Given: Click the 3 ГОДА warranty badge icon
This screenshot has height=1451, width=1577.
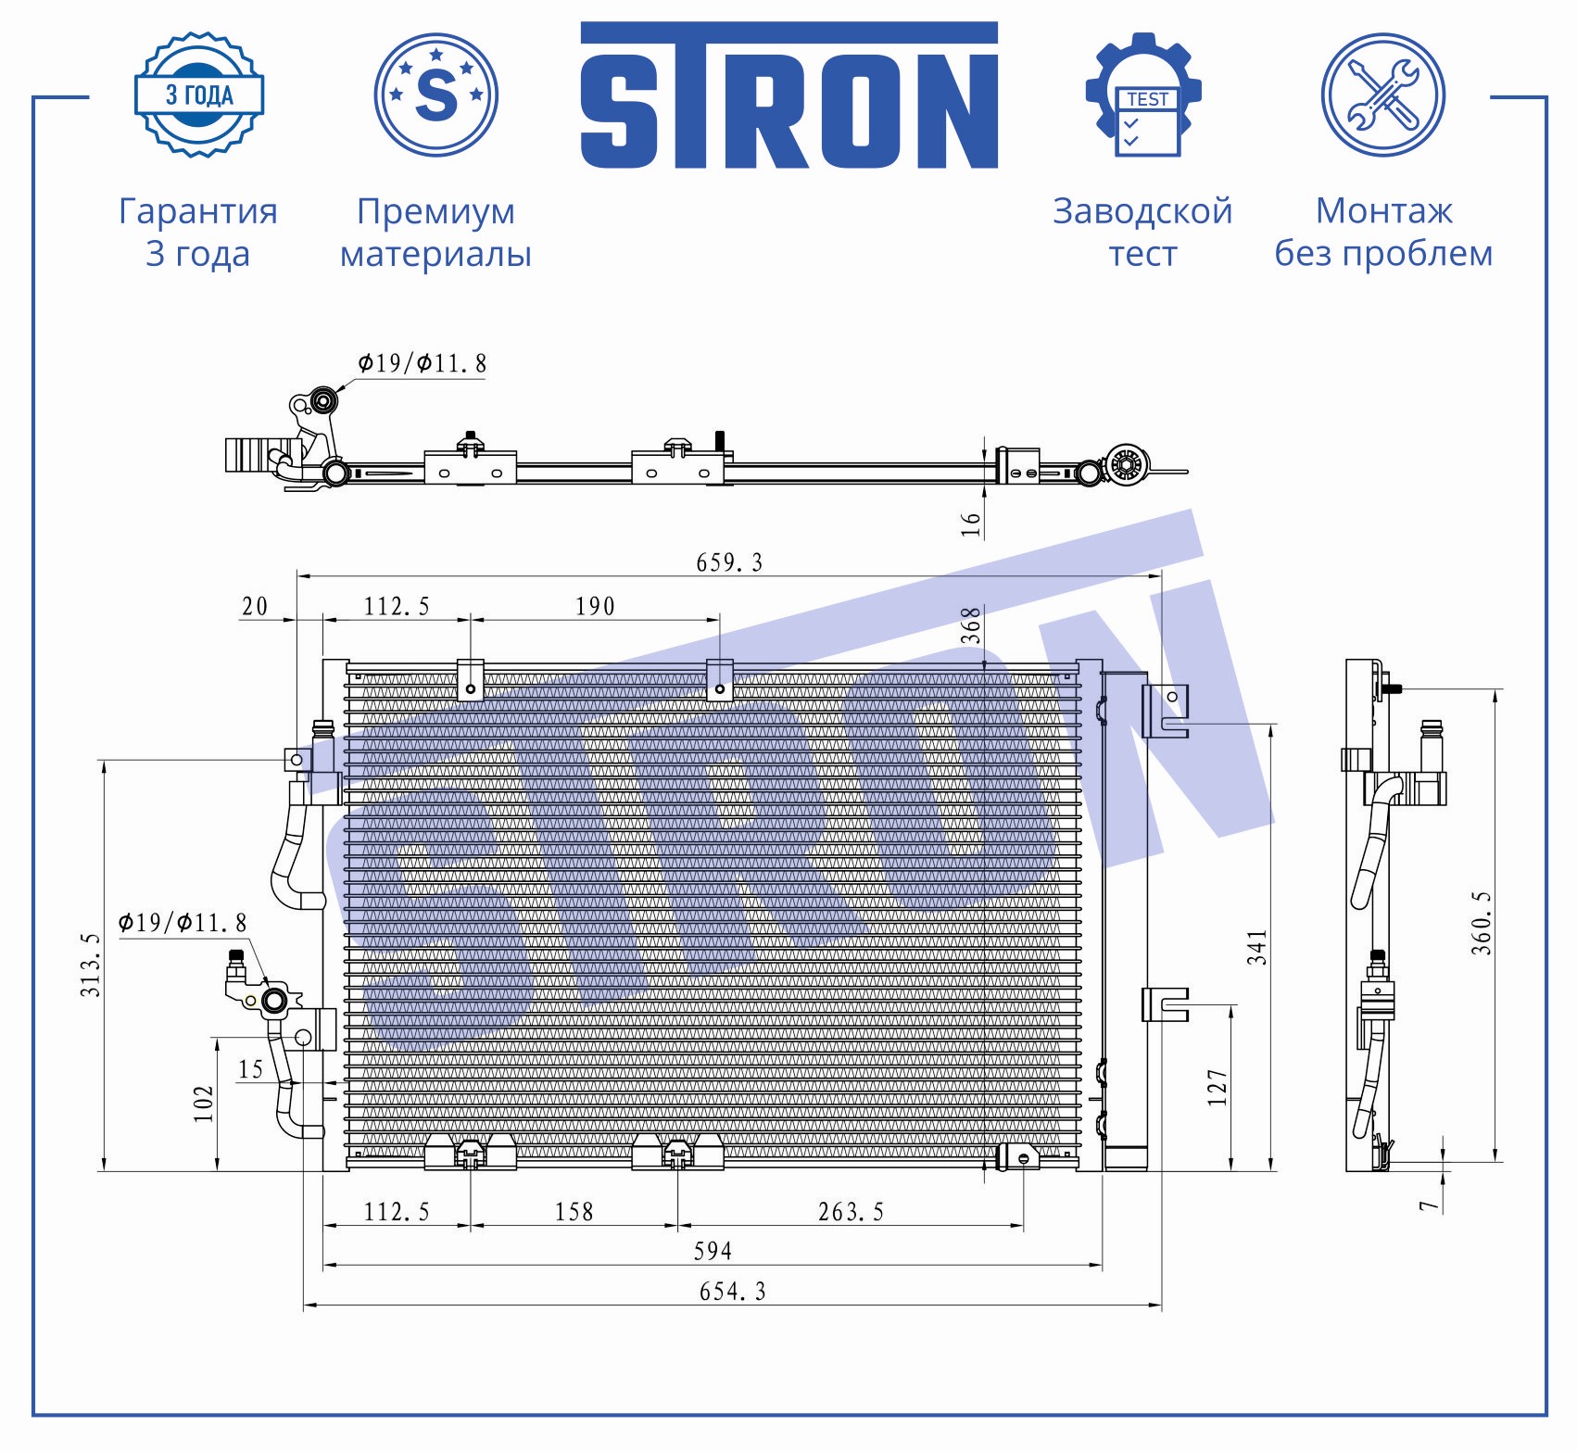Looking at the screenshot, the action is (x=199, y=95).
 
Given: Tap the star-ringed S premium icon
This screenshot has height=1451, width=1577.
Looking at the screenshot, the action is (x=436, y=95).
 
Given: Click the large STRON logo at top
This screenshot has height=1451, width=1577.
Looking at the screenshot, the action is (x=789, y=95).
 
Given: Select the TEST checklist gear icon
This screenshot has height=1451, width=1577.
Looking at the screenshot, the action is (x=1143, y=95).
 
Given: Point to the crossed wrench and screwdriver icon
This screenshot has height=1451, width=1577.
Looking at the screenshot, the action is (x=1383, y=95).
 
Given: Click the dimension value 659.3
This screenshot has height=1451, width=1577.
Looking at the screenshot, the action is (x=729, y=562).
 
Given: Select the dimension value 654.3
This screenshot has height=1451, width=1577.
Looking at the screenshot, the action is (x=732, y=1291).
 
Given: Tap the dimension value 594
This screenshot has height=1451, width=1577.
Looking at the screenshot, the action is (x=713, y=1251).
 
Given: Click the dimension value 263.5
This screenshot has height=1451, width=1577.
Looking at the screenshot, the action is (x=851, y=1211).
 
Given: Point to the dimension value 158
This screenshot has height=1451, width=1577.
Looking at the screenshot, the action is (x=574, y=1211).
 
